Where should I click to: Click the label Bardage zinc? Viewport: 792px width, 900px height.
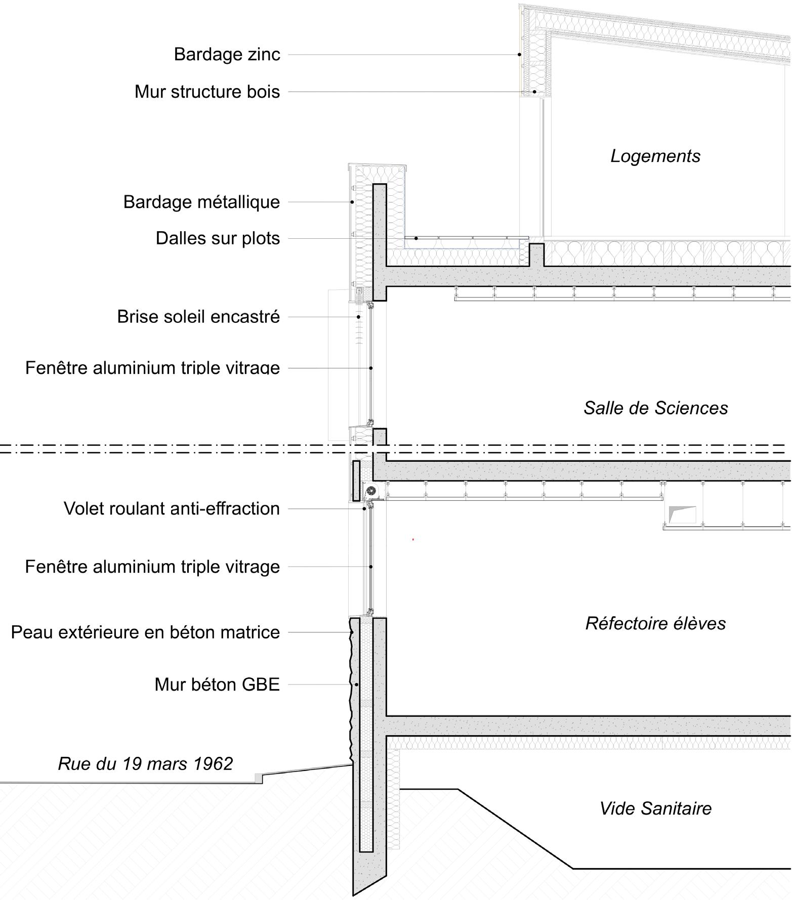[x=227, y=54]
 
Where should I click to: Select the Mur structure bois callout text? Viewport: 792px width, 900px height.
[x=207, y=92]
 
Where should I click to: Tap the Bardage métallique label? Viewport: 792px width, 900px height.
[x=201, y=202]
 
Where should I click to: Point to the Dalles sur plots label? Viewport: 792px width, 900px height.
[x=218, y=238]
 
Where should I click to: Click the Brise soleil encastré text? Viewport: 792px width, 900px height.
[x=198, y=317]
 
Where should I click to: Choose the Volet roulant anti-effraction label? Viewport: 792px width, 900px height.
[x=172, y=508]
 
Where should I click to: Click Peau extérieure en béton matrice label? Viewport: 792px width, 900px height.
[x=145, y=632]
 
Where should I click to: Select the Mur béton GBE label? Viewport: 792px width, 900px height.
[x=217, y=684]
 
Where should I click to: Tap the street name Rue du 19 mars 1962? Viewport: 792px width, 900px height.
[x=145, y=763]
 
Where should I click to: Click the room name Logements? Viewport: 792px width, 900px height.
[x=655, y=156]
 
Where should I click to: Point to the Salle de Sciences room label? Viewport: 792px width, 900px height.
[x=655, y=408]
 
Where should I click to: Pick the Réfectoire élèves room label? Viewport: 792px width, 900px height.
[x=655, y=623]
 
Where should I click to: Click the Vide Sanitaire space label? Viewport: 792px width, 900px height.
[x=655, y=808]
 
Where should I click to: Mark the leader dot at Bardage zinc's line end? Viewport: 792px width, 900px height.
[x=520, y=55]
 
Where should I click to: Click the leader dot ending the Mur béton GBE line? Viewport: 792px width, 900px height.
[x=357, y=685]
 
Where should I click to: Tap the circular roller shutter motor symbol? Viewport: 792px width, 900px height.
[x=371, y=490]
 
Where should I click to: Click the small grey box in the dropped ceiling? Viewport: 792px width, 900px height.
[x=682, y=515]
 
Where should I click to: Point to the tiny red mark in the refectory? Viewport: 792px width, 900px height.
[x=413, y=540]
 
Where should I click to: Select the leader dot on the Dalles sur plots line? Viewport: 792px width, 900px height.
[x=416, y=238]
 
